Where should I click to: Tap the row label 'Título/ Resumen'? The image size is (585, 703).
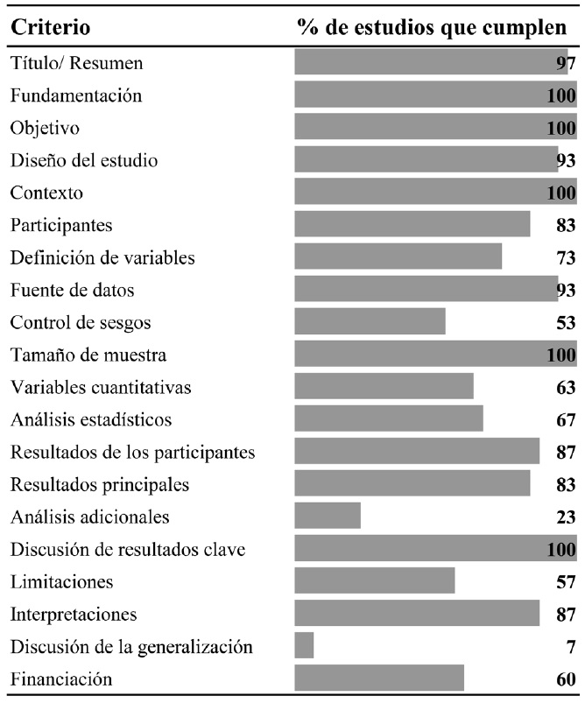77,63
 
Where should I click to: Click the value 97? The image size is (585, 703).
565,63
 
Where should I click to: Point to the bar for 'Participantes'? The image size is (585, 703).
412,224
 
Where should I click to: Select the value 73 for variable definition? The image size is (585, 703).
565,257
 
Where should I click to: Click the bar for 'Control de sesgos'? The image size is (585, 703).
370,321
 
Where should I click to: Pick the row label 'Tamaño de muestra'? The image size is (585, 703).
88,355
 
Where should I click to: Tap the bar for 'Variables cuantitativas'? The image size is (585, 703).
384,387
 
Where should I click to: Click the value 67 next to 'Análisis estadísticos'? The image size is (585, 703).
565,419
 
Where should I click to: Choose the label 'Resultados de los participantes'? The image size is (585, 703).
133,452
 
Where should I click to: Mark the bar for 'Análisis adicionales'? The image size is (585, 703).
328,517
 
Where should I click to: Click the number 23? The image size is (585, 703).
565,517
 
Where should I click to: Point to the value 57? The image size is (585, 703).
565,581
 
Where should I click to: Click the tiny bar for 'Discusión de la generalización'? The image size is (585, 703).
304,646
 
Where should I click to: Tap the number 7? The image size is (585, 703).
570,646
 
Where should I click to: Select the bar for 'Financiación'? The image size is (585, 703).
379,678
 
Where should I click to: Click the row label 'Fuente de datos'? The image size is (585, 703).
73,289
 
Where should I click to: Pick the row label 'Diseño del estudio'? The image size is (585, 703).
84,160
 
